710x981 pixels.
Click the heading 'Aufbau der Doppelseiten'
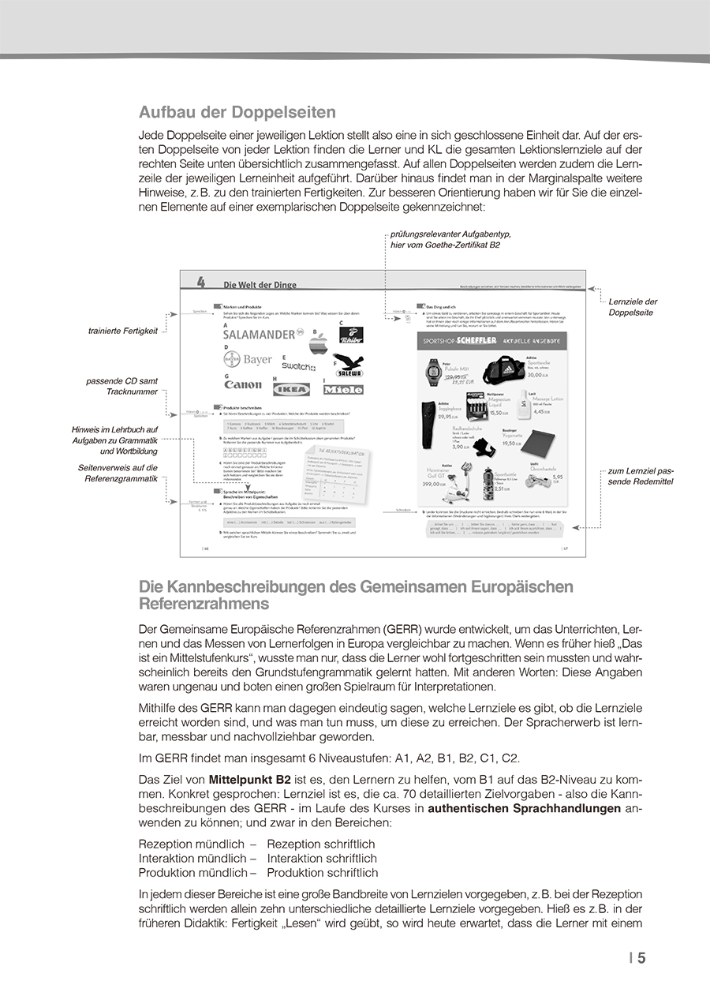[x=237, y=112]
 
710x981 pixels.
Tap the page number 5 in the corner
[x=641, y=958]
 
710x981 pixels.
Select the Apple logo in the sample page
[x=319, y=343]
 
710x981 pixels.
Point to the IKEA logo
[x=291, y=388]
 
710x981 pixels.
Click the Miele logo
[x=343, y=389]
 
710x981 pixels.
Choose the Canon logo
[x=243, y=384]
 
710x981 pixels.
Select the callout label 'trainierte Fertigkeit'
[x=123, y=331]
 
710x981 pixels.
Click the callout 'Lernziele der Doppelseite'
[x=633, y=307]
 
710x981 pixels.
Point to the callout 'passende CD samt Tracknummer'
[x=122, y=386]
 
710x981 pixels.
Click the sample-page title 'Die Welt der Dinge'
[x=260, y=285]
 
